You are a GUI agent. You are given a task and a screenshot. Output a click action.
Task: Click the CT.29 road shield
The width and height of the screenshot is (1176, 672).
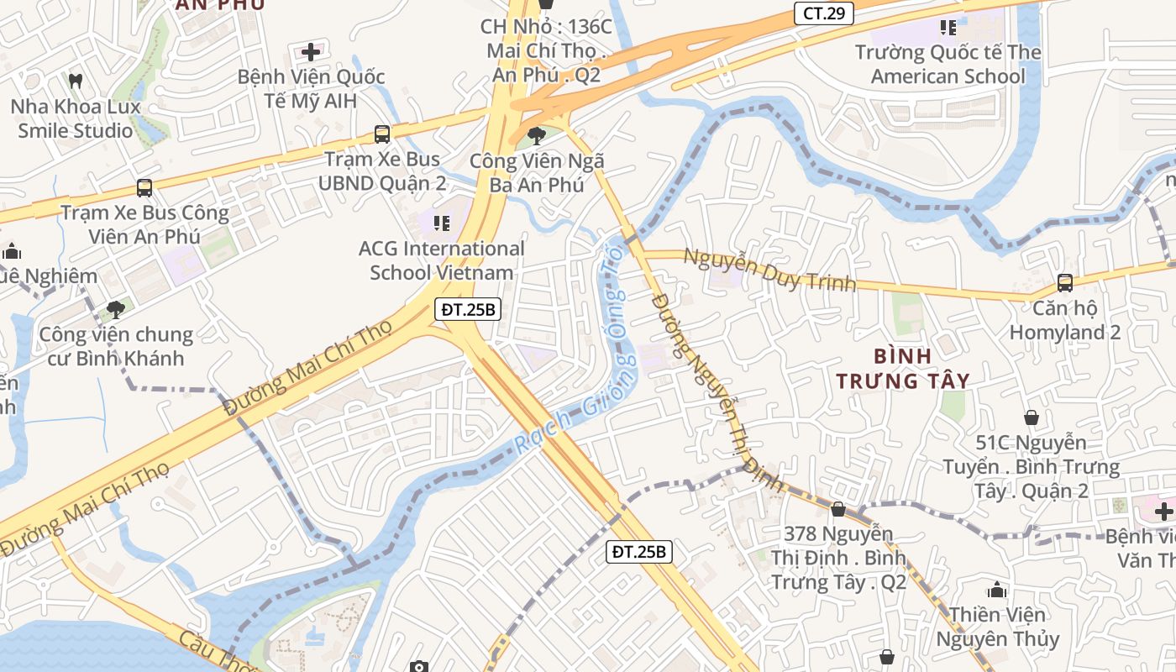(x=824, y=13)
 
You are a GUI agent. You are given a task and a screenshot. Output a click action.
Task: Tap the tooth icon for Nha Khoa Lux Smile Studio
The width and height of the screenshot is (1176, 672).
(x=75, y=81)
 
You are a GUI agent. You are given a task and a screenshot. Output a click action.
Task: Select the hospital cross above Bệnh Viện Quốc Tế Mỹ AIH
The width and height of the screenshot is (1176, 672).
(x=311, y=52)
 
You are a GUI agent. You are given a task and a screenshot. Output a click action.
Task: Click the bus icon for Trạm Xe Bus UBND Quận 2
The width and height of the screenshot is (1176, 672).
(x=382, y=134)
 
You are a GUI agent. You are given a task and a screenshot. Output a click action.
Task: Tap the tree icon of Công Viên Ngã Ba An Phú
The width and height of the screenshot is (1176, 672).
(x=536, y=135)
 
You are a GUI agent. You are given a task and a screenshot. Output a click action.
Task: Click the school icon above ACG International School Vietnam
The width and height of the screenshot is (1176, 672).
(x=441, y=223)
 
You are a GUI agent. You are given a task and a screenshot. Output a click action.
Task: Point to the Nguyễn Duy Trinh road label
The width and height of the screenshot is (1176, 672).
(x=769, y=269)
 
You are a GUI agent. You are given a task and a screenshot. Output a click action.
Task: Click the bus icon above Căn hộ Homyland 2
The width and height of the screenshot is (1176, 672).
(x=1065, y=283)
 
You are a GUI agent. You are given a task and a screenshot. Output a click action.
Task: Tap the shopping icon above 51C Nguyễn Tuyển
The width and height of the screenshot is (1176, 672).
(x=1032, y=417)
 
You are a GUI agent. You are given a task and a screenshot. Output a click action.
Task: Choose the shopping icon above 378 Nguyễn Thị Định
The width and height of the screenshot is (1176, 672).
(x=838, y=509)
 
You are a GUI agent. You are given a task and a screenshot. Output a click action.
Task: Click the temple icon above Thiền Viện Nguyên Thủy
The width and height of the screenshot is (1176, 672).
(x=997, y=590)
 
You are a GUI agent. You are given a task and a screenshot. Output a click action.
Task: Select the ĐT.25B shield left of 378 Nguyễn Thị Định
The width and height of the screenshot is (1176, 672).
(x=639, y=552)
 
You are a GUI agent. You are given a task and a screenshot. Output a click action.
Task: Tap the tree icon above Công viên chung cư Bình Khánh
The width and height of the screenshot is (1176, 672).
(x=116, y=310)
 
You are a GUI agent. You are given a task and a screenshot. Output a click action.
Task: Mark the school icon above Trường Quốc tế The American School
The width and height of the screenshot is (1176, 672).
(x=948, y=28)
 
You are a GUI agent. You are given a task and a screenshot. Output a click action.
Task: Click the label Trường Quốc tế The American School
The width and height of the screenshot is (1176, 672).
(x=948, y=65)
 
